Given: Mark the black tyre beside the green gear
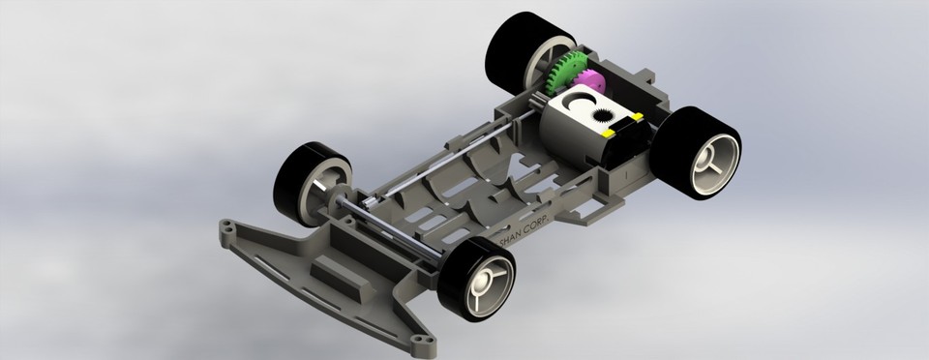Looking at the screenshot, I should [513, 44].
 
